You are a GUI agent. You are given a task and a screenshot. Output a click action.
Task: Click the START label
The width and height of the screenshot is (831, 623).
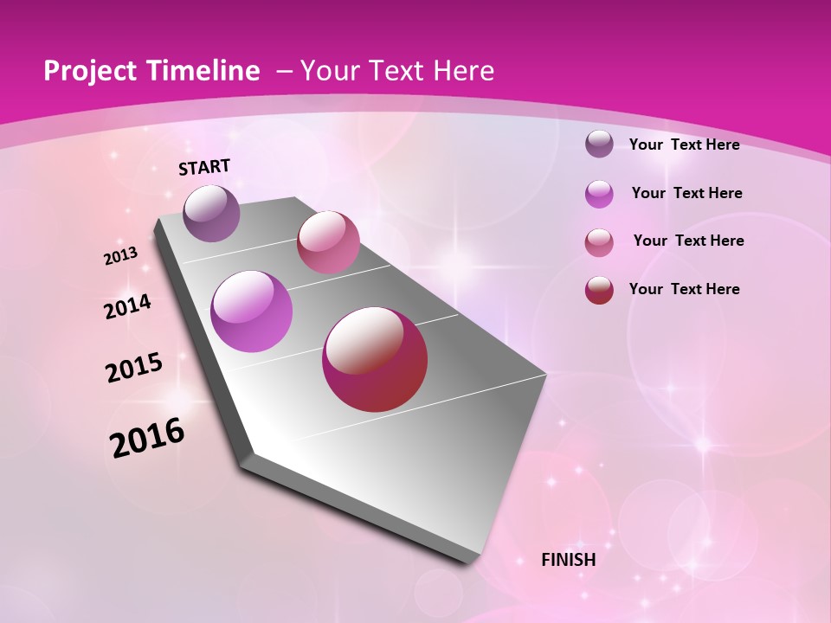(x=204, y=167)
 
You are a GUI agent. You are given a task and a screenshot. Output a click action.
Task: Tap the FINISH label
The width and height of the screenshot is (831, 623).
(x=569, y=560)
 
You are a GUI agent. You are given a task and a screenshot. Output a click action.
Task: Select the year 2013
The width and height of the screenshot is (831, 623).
(x=121, y=255)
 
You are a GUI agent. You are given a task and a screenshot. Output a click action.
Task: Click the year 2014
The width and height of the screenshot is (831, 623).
(x=128, y=306)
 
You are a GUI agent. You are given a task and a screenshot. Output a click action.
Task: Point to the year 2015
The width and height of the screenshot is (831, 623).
(x=134, y=368)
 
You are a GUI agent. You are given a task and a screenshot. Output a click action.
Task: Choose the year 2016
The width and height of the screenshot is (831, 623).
(x=147, y=437)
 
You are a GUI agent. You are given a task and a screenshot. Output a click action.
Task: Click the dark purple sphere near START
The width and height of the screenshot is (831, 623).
(x=212, y=213)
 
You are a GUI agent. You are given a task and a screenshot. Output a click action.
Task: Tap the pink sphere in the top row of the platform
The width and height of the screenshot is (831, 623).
(x=328, y=241)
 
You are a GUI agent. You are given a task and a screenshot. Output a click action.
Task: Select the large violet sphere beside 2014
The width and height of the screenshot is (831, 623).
(x=252, y=311)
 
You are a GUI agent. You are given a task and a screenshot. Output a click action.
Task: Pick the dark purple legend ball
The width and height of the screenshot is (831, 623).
(x=599, y=144)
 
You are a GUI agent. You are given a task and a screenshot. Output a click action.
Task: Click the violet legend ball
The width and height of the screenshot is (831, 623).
(x=599, y=194)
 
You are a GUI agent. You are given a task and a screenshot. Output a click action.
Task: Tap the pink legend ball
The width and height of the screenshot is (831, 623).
(x=599, y=242)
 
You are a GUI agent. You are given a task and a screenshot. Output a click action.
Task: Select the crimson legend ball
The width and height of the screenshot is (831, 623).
(x=599, y=290)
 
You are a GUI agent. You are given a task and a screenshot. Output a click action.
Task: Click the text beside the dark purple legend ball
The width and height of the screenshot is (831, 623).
(x=685, y=145)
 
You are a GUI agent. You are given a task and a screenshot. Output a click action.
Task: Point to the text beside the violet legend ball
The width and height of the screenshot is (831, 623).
(x=687, y=193)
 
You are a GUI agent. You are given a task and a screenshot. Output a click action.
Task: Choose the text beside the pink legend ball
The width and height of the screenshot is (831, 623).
(x=689, y=241)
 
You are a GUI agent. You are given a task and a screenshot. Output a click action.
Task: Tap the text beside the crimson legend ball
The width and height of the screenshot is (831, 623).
(x=685, y=289)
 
